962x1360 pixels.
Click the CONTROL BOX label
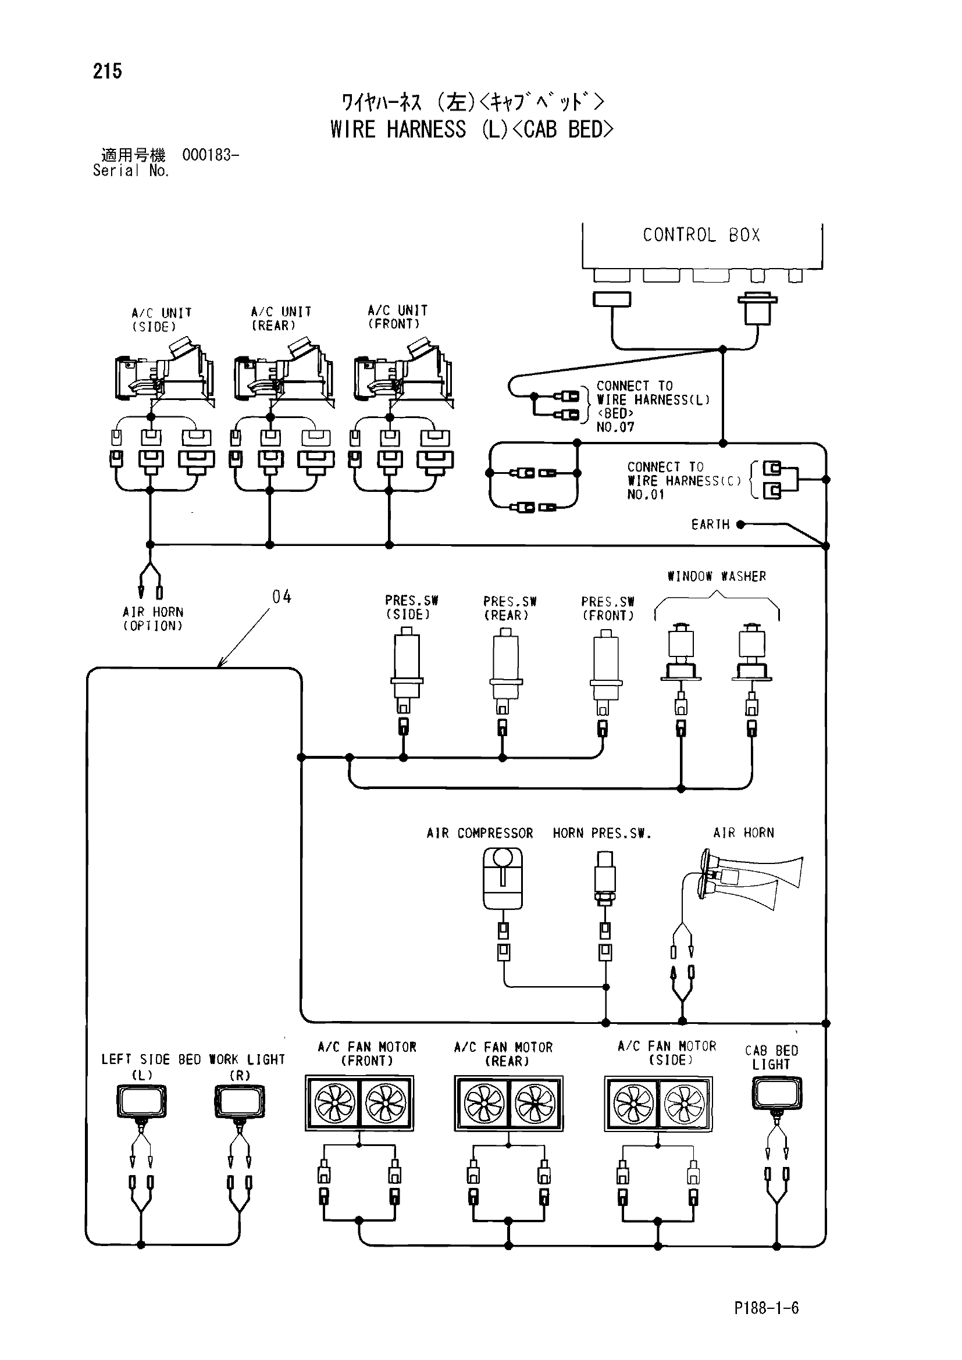click(701, 235)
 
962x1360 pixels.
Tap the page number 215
click(107, 71)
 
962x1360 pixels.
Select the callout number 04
click(282, 597)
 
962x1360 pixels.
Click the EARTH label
click(710, 524)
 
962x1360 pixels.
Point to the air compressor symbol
click(503, 879)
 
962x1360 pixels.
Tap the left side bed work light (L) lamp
click(141, 1102)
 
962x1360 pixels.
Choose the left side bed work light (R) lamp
click(239, 1102)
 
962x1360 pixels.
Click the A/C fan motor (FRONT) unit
click(359, 1103)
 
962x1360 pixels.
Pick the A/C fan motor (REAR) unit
click(509, 1103)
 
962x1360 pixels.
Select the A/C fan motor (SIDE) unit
click(658, 1104)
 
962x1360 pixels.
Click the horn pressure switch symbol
click(605, 879)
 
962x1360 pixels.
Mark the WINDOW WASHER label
click(717, 576)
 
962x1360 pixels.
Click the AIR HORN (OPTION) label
click(153, 619)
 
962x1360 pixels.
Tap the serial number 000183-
click(211, 155)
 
